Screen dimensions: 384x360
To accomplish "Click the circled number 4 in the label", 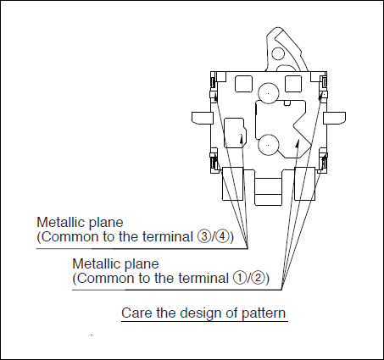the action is (222, 236).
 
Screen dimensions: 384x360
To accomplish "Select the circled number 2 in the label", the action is (258, 278).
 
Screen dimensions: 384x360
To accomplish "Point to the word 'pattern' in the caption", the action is (264, 313).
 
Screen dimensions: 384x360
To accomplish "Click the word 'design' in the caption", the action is (201, 313).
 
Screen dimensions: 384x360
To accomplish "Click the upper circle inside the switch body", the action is (268, 93).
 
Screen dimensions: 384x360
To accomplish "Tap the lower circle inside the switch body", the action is (268, 145).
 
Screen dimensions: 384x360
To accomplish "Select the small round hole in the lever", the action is (278, 53).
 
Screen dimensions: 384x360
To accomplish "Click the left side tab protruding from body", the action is (202, 118).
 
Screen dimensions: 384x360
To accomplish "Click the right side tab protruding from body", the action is (334, 118).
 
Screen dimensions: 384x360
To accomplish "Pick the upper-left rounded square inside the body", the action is (243, 84).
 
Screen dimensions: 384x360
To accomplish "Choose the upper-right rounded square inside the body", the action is (293, 84).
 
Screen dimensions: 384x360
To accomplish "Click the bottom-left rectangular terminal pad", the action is (232, 184).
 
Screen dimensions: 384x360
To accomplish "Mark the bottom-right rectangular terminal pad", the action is (304, 184).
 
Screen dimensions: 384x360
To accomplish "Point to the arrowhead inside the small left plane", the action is (242, 138).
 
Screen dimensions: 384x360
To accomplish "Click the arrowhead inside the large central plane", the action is (297, 143).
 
